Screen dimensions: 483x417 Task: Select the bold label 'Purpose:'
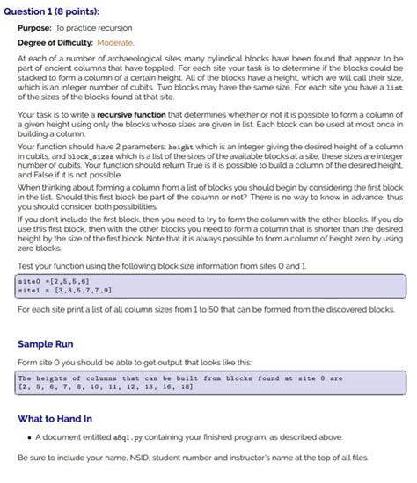pyautogui.click(x=41, y=27)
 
